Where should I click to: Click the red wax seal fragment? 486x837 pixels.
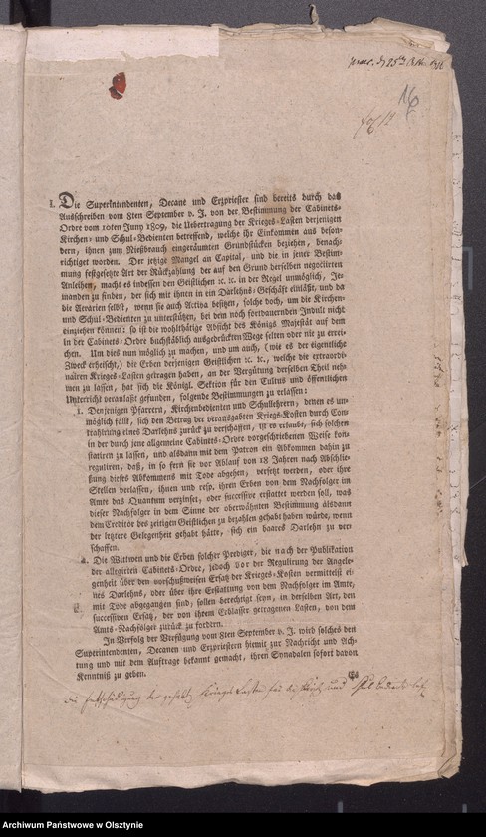point(118,85)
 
